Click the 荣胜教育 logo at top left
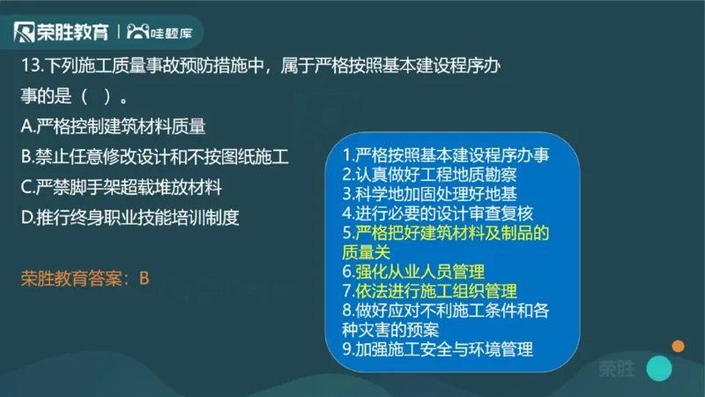tap(61, 32)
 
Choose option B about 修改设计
tap(154, 156)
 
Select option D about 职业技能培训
tap(130, 216)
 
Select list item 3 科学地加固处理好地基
tap(431, 193)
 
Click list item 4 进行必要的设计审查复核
tap(438, 213)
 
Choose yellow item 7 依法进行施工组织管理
tap(429, 290)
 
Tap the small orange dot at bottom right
tap(678, 345)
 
